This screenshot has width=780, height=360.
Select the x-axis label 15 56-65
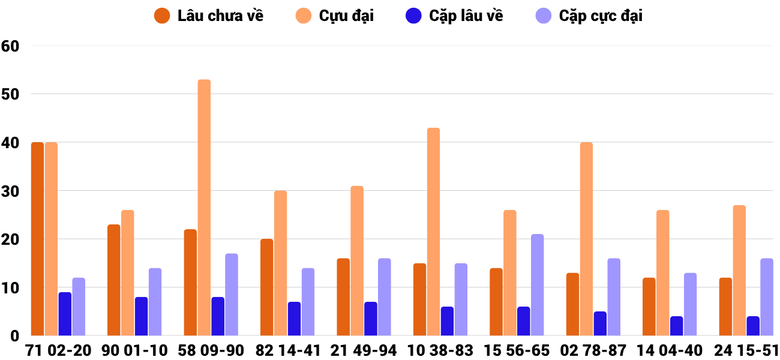pyautogui.click(x=517, y=350)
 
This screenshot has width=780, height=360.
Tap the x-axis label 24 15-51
pyautogui.click(x=746, y=350)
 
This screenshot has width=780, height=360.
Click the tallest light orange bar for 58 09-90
pyautogui.click(x=204, y=208)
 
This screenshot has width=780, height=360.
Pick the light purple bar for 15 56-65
pyautogui.click(x=537, y=285)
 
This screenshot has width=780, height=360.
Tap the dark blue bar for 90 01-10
pyautogui.click(x=141, y=316)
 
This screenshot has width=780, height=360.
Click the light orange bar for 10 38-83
pyautogui.click(x=433, y=232)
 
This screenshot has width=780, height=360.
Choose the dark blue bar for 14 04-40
pyautogui.click(x=676, y=326)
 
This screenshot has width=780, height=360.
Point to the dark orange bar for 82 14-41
pyautogui.click(x=266, y=287)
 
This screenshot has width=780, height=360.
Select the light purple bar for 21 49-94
pyautogui.click(x=384, y=297)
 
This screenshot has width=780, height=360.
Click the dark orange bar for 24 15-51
pyautogui.click(x=725, y=307)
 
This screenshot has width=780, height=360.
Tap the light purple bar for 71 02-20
pyautogui.click(x=79, y=307)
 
